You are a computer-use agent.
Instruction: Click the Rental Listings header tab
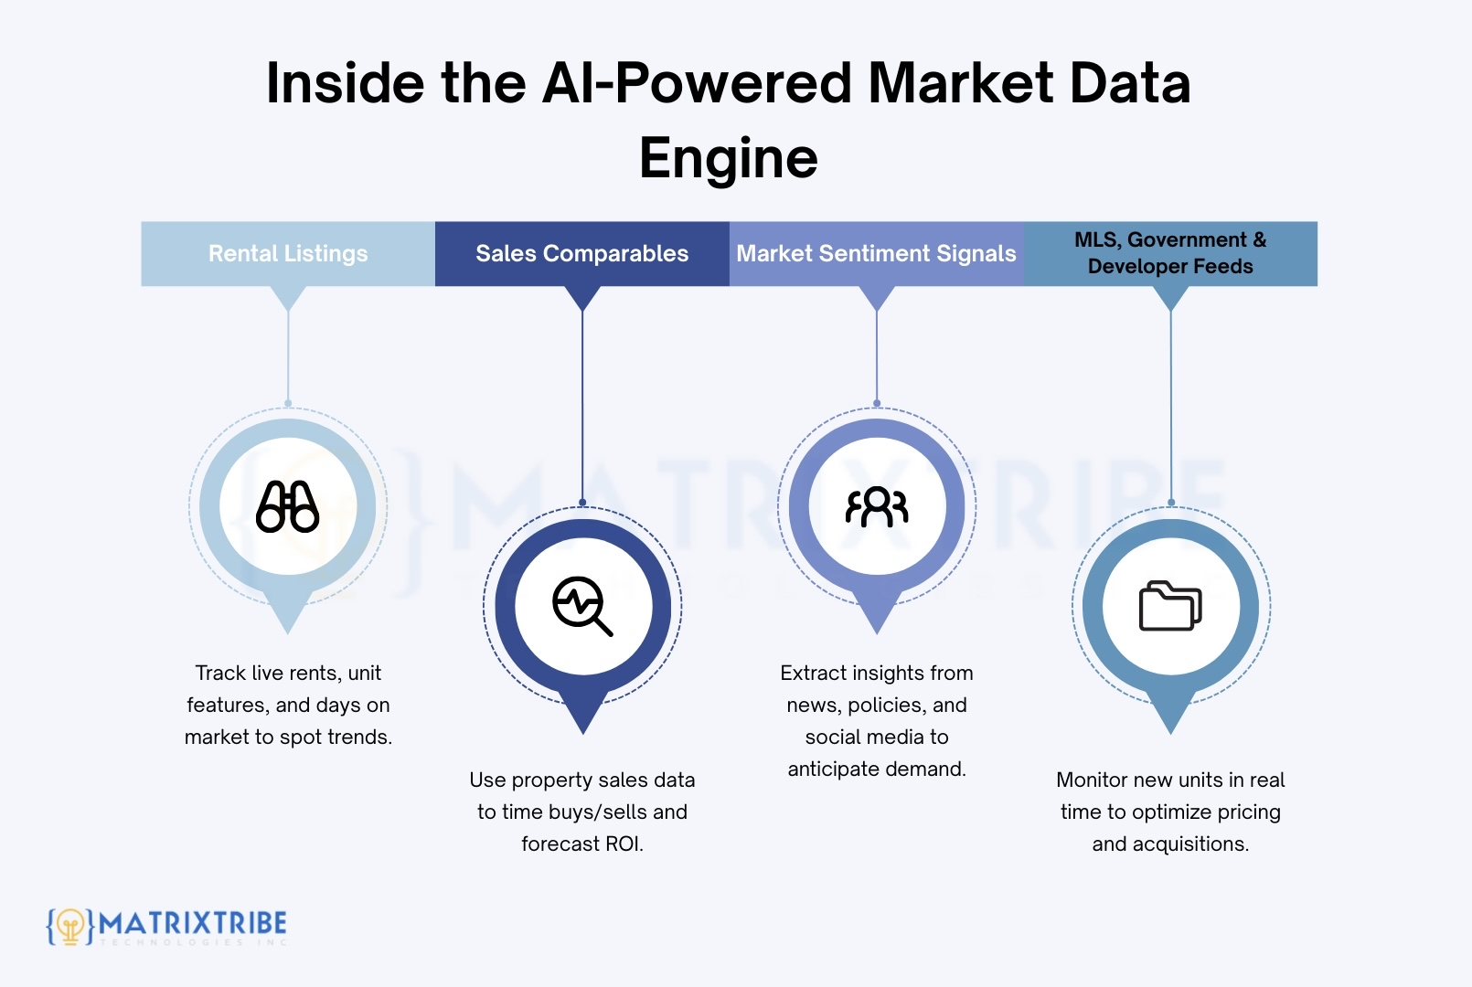click(288, 253)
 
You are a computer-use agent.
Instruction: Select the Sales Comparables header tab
click(581, 253)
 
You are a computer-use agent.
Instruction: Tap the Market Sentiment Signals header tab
click(876, 253)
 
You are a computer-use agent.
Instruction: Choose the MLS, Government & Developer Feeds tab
click(1170, 253)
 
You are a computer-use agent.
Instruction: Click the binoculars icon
click(288, 506)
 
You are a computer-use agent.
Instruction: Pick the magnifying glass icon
click(582, 606)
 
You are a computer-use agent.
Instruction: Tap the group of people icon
click(877, 506)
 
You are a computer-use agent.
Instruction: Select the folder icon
click(1170, 606)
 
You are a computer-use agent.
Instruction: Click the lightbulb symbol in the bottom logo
click(70, 926)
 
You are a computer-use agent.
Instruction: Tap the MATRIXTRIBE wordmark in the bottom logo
click(193, 923)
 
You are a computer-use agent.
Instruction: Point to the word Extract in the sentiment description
click(813, 674)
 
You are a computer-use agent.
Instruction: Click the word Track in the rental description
click(220, 674)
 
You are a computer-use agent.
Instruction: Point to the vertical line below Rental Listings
click(288, 356)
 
